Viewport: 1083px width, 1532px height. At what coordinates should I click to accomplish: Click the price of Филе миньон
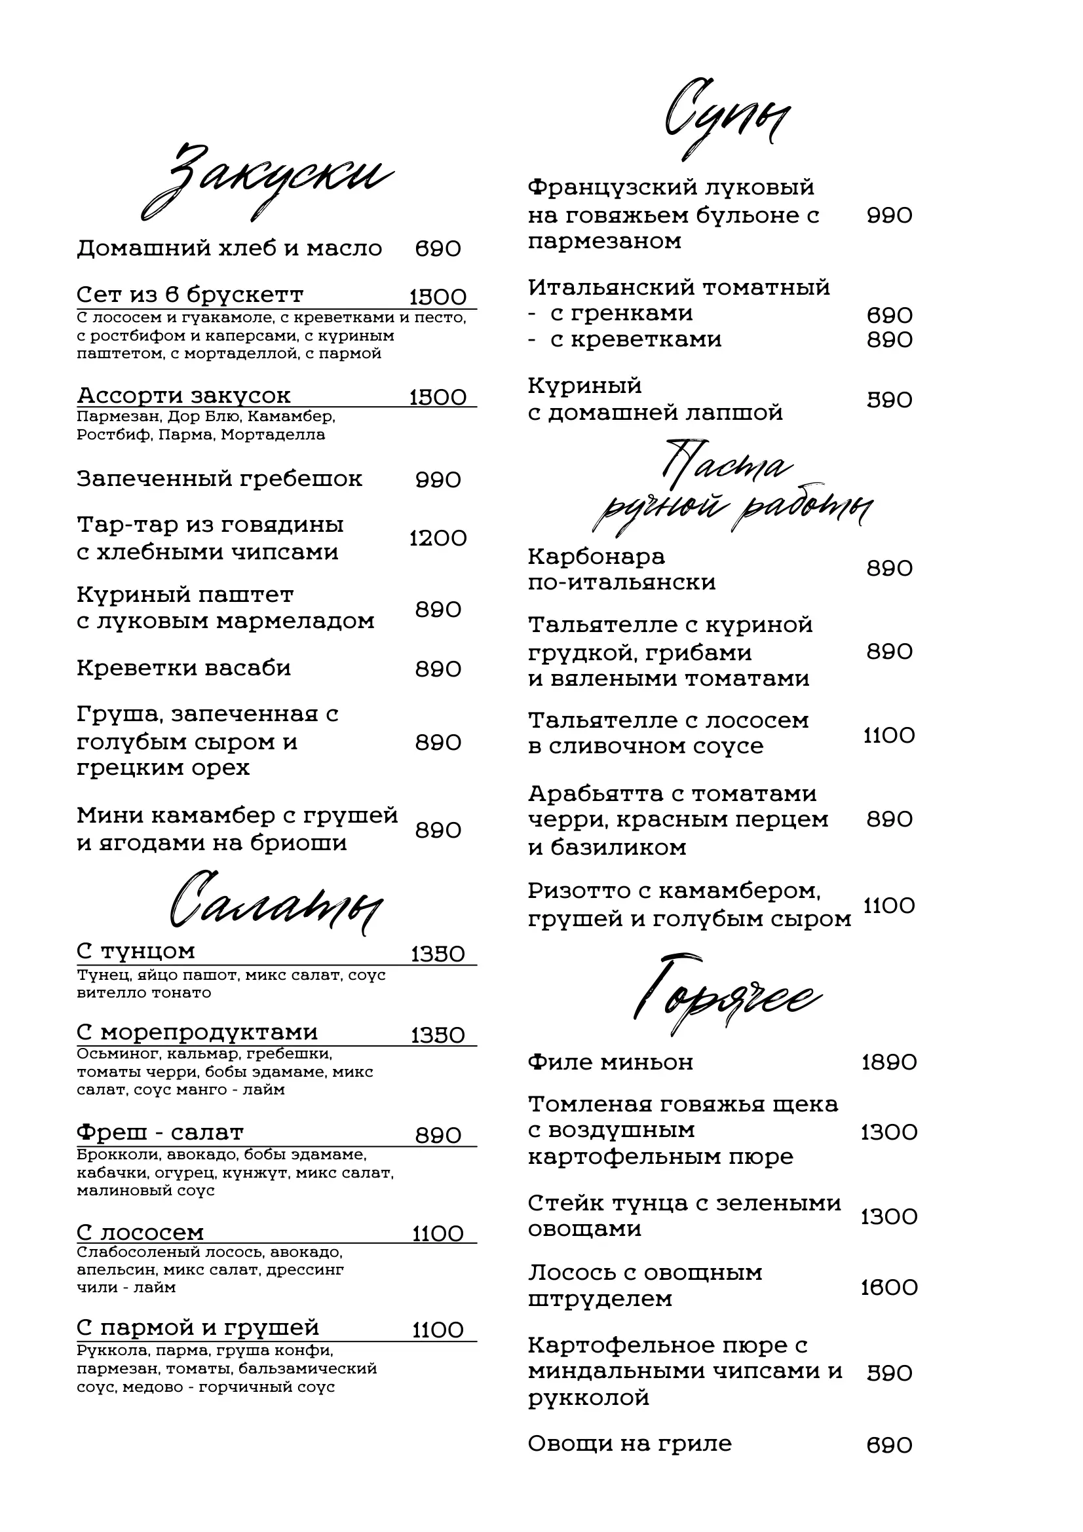pyautogui.click(x=889, y=1062)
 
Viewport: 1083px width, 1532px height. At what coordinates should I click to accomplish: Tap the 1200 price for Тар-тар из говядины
pyautogui.click(x=438, y=538)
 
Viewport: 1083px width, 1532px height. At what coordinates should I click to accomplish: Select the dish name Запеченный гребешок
pyautogui.click(x=219, y=479)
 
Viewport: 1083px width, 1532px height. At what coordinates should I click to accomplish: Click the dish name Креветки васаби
pyautogui.click(x=183, y=668)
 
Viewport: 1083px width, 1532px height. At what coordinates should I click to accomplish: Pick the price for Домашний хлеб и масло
pyautogui.click(x=438, y=249)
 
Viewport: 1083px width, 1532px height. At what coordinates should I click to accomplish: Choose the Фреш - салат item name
pyautogui.click(x=160, y=1132)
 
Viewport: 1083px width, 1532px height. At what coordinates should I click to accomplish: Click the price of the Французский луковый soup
pyautogui.click(x=889, y=215)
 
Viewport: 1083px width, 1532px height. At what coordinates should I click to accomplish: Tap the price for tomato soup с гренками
pyautogui.click(x=889, y=315)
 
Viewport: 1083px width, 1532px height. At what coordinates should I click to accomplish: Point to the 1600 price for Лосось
pyautogui.click(x=889, y=1287)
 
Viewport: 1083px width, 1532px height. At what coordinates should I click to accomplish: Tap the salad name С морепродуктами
pyautogui.click(x=197, y=1032)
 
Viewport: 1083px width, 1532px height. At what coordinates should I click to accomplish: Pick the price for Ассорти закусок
pyautogui.click(x=438, y=398)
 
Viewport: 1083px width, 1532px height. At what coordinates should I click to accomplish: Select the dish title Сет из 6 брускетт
pyautogui.click(x=190, y=294)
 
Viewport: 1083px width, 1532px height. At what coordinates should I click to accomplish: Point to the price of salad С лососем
pyautogui.click(x=438, y=1234)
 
